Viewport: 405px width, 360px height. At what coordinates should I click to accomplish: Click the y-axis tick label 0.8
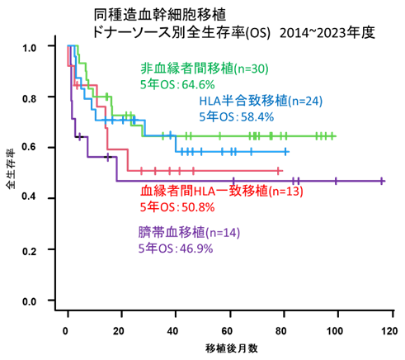(x=29, y=98)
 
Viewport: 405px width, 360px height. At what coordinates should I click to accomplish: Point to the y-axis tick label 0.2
(x=29, y=251)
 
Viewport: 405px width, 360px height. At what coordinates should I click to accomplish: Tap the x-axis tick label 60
(x=227, y=330)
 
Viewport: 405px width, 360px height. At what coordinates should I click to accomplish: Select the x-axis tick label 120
(x=389, y=330)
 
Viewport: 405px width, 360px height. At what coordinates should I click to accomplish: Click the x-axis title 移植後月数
(x=232, y=348)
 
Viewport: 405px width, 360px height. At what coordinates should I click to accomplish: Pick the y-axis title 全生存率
(x=11, y=169)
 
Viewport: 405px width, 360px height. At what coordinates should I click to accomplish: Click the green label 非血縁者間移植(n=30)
(x=205, y=68)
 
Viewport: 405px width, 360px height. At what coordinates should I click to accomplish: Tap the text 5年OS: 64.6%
(x=177, y=84)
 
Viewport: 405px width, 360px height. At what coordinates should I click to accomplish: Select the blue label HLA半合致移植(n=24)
(x=261, y=101)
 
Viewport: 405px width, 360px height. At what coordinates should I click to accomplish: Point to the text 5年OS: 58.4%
(x=237, y=116)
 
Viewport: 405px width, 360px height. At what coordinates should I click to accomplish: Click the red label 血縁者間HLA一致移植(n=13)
(x=222, y=191)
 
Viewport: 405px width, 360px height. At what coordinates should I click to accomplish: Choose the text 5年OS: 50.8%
(x=177, y=207)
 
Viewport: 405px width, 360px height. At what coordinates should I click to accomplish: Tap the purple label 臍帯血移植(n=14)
(x=189, y=232)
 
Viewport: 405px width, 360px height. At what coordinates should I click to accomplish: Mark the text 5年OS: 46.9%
(x=176, y=249)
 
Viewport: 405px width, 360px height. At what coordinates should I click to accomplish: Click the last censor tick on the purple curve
(x=382, y=181)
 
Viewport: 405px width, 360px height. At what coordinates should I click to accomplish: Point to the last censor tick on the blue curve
(x=286, y=152)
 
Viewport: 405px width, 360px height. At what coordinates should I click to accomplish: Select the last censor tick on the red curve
(x=278, y=171)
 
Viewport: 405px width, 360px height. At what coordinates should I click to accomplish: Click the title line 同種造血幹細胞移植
(x=160, y=14)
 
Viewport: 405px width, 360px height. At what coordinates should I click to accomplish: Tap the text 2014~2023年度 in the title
(x=327, y=32)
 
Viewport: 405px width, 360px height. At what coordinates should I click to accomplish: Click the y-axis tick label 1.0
(x=29, y=48)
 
